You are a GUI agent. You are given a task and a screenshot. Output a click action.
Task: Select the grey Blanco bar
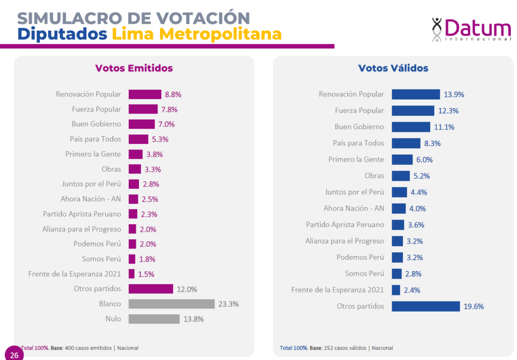172,304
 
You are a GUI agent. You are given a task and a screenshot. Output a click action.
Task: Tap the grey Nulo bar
154,319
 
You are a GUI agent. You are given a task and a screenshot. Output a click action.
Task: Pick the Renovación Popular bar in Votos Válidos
416,94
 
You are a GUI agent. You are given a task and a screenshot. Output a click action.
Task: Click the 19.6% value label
474,306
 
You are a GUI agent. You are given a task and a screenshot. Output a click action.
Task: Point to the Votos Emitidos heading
134,68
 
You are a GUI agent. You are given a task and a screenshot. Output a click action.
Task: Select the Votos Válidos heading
393,68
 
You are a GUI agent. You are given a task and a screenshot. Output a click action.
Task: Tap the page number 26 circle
14,355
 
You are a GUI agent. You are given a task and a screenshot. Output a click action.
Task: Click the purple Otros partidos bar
151,289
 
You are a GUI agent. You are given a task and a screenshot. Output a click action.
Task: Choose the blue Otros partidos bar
426,306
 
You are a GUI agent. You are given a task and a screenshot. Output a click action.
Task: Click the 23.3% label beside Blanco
228,304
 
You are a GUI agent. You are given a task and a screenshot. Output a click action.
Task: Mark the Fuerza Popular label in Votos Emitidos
96,109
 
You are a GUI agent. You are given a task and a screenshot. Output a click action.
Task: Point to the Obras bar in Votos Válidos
401,176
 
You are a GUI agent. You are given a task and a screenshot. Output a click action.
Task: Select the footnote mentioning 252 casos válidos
336,348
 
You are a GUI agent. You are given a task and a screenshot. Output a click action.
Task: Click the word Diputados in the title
62,34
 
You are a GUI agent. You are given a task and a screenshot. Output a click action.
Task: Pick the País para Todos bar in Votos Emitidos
138,139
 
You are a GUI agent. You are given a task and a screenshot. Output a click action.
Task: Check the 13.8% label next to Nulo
194,319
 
